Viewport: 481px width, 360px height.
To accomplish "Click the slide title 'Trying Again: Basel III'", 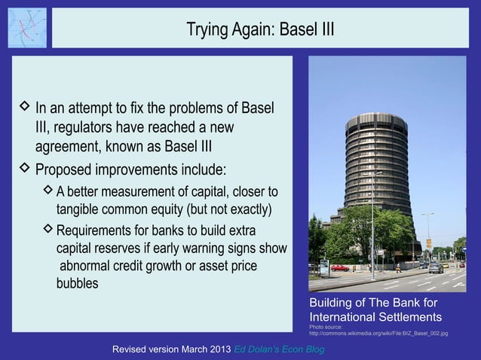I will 259,30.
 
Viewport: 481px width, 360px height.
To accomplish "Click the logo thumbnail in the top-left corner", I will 27,28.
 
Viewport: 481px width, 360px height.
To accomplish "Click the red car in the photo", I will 340,267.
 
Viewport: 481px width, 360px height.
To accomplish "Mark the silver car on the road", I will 436,267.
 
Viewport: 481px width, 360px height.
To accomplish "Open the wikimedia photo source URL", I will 378,333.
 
